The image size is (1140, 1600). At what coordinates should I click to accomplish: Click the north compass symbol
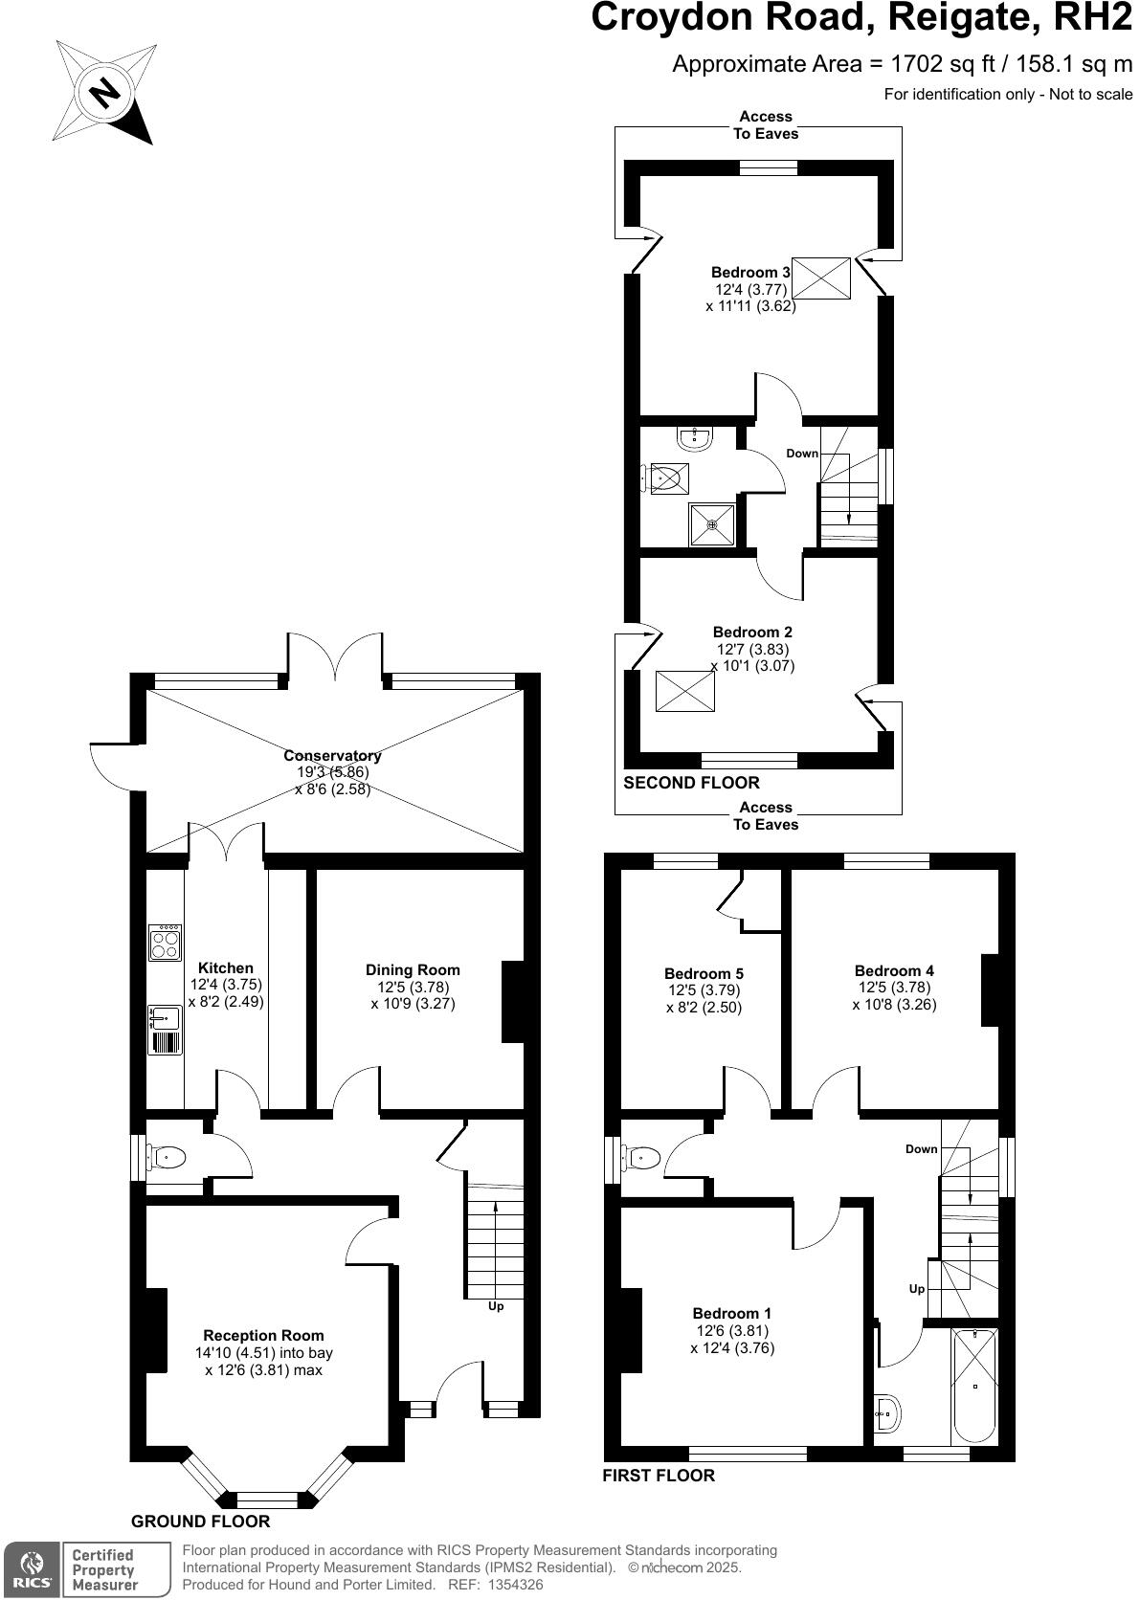click(104, 93)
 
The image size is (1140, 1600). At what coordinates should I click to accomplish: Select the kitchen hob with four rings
click(165, 943)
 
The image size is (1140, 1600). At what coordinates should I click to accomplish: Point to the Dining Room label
click(413, 970)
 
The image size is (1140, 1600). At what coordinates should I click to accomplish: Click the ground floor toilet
click(164, 1158)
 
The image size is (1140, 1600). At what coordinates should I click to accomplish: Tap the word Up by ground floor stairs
click(496, 1306)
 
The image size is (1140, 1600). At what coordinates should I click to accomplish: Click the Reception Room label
click(263, 1336)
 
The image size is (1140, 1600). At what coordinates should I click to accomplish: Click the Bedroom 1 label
click(732, 1314)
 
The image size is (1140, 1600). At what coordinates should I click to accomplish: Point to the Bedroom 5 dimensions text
click(704, 999)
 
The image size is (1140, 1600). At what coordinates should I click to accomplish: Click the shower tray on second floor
click(711, 523)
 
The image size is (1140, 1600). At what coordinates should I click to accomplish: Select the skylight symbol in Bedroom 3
click(821, 278)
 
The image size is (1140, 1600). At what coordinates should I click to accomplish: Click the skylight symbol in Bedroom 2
click(684, 691)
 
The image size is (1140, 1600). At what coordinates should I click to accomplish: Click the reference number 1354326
click(515, 1585)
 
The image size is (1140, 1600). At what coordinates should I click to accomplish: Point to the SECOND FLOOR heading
click(691, 783)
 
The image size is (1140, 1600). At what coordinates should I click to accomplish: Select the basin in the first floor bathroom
click(886, 1412)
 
